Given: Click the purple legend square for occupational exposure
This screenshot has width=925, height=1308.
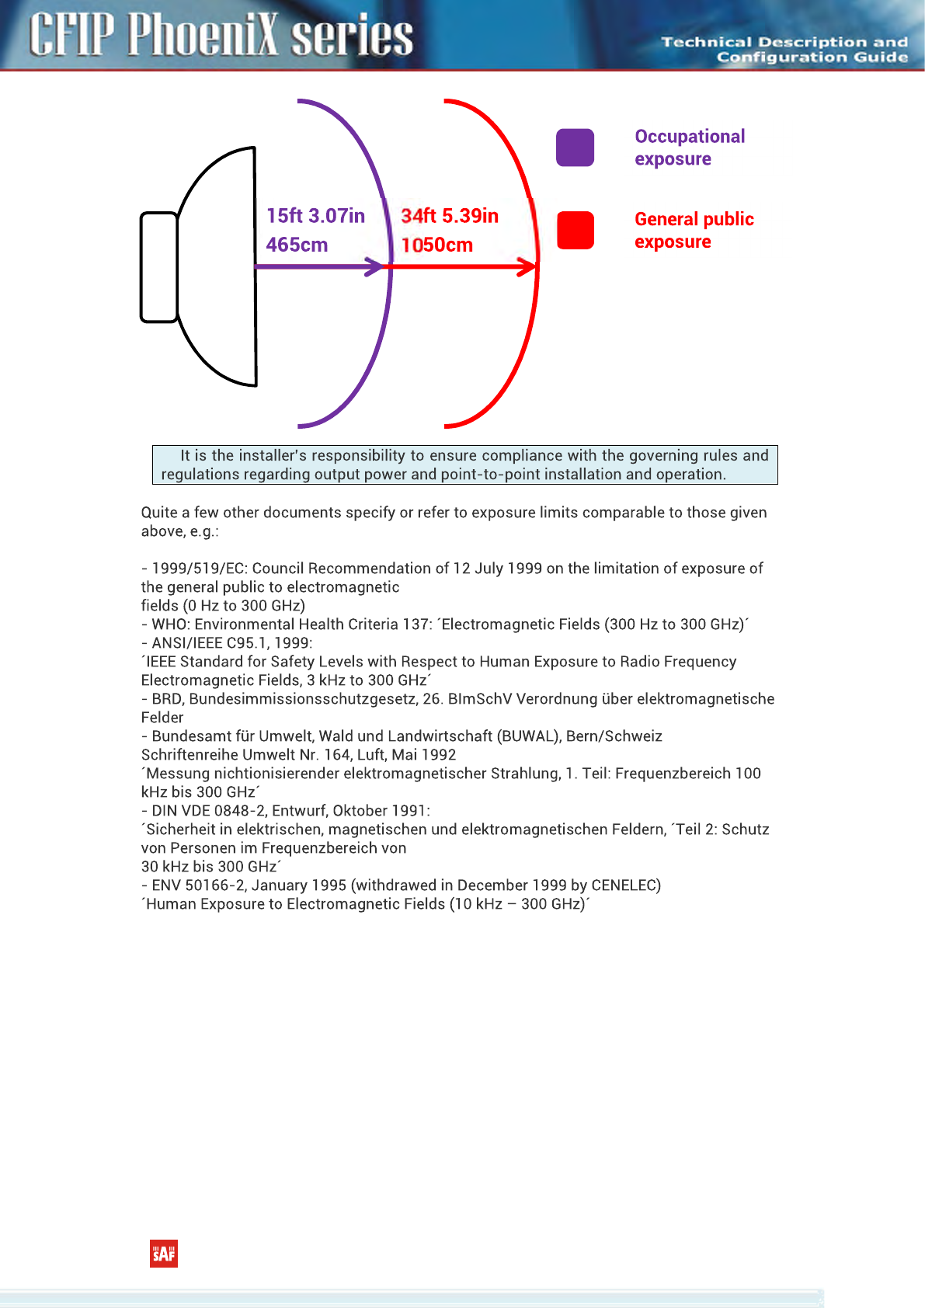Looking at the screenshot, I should point(575,148).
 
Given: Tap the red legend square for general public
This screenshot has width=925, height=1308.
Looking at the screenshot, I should point(575,231).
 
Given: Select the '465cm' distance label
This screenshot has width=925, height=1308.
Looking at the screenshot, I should point(297,245).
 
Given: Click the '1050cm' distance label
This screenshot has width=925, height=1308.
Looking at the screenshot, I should point(436,245).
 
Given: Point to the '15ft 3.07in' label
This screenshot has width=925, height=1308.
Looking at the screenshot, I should point(315,216).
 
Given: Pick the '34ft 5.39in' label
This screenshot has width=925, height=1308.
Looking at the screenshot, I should point(450,216).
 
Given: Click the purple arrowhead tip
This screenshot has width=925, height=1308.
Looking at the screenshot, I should point(382,267).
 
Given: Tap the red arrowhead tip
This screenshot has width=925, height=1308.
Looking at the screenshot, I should point(534,267).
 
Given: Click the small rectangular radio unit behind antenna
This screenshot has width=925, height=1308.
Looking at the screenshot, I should point(159,267).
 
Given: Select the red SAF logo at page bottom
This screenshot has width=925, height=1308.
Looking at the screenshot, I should point(164,1254).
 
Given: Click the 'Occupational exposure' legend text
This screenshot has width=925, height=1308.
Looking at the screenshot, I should point(690,148).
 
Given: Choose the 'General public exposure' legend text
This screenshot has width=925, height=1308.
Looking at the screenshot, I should point(694,231).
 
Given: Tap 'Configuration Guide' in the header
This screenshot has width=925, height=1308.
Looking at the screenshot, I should point(812,57).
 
